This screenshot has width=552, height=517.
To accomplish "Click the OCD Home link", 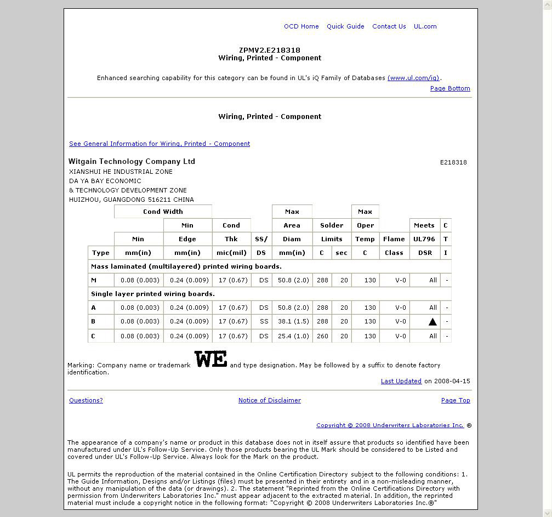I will [x=301, y=26].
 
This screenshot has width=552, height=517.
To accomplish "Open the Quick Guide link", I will [x=345, y=26].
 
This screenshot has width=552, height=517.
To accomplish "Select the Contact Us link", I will [x=389, y=26].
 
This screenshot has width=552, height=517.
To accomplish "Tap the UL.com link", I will [x=425, y=26].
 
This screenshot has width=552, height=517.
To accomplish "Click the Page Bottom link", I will [x=450, y=88].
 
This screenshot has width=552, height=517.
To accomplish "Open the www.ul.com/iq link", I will [x=413, y=78].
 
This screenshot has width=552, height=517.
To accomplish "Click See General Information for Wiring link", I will [x=160, y=144].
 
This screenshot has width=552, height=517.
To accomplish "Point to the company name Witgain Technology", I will [x=132, y=161].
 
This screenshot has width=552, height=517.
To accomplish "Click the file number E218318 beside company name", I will [x=453, y=162].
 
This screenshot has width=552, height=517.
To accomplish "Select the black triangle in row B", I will [x=433, y=322].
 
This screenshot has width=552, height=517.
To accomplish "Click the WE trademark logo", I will [x=210, y=360].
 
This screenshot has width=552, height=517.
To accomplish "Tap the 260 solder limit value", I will [x=322, y=336].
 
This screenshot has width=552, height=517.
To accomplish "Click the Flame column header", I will [x=394, y=239].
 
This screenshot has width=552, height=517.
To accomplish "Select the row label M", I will [x=94, y=280].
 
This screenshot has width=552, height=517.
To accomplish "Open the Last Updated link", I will [x=401, y=381].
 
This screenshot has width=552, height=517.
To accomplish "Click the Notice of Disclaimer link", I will [x=269, y=400].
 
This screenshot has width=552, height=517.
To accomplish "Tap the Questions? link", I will [x=86, y=400].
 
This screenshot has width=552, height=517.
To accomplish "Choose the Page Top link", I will [x=456, y=400].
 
